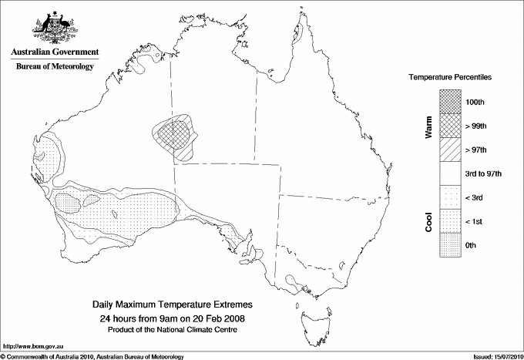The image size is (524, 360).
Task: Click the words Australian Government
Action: click(55, 52)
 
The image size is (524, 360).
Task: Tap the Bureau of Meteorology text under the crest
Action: click(55, 67)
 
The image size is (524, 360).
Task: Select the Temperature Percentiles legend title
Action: click(450, 79)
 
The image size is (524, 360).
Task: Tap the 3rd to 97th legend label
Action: click(484, 174)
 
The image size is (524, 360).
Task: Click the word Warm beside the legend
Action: click(428, 126)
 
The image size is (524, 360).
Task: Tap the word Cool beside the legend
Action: click(428, 221)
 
